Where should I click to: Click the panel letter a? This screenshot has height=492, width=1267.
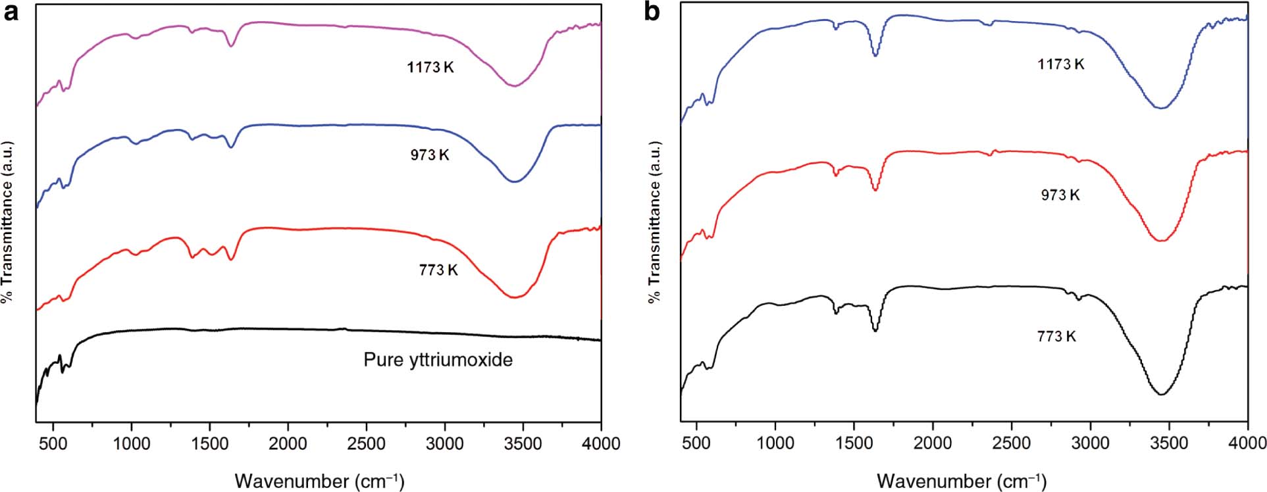pyautogui.click(x=11, y=12)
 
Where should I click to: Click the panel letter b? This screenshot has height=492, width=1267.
pyautogui.click(x=652, y=12)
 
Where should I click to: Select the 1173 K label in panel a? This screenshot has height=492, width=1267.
pyautogui.click(x=430, y=67)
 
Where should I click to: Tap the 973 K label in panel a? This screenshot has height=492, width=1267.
pyautogui.click(x=429, y=155)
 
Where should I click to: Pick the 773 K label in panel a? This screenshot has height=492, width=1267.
pyautogui.click(x=438, y=270)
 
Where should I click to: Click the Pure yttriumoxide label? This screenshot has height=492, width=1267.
pyautogui.click(x=438, y=360)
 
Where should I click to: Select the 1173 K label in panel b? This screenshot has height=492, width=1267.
pyautogui.click(x=1060, y=64)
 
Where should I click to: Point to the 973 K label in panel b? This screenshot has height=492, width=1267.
pyautogui.click(x=1060, y=195)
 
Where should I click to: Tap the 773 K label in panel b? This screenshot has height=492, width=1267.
pyautogui.click(x=1056, y=336)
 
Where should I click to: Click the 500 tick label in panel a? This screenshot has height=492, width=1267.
pyautogui.click(x=53, y=444)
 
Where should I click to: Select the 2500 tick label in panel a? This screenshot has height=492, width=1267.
pyautogui.click(x=366, y=444)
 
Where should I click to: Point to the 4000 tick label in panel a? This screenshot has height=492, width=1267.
pyautogui.click(x=600, y=444)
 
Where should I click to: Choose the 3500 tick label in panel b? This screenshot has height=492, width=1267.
pyautogui.click(x=1169, y=444)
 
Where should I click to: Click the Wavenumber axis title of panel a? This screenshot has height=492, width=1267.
pyautogui.click(x=319, y=481)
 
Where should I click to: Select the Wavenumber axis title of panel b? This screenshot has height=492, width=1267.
pyautogui.click(x=961, y=481)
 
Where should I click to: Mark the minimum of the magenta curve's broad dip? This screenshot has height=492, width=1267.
pyautogui.click(x=515, y=86)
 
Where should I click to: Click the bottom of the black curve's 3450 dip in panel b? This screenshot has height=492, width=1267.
pyautogui.click(x=1162, y=395)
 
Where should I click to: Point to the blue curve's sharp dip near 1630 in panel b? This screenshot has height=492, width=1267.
pyautogui.click(x=875, y=56)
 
